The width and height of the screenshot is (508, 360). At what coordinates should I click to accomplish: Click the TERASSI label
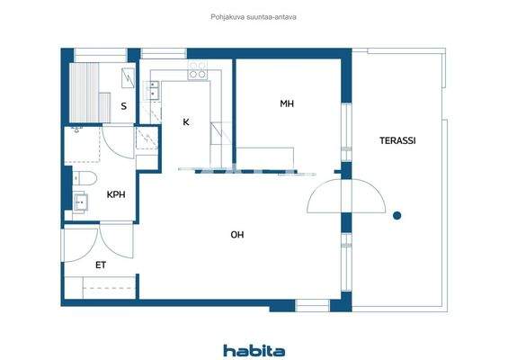(397, 140)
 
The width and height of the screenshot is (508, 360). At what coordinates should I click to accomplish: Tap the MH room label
(287, 104)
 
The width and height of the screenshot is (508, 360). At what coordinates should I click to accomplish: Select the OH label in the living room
(237, 235)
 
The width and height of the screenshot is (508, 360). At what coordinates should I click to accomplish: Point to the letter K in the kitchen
(186, 121)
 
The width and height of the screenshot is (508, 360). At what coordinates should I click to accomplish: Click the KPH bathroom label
(116, 194)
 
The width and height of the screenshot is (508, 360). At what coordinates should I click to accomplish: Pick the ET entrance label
(101, 265)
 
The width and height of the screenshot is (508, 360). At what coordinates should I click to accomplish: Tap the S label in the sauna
(124, 106)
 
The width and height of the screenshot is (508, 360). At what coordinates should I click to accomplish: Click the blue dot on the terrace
(397, 214)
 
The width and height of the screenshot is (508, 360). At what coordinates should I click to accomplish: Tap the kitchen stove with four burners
(197, 68)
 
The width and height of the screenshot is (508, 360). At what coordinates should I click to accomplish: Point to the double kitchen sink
(153, 88)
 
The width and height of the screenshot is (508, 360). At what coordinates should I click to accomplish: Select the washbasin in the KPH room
(82, 202)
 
